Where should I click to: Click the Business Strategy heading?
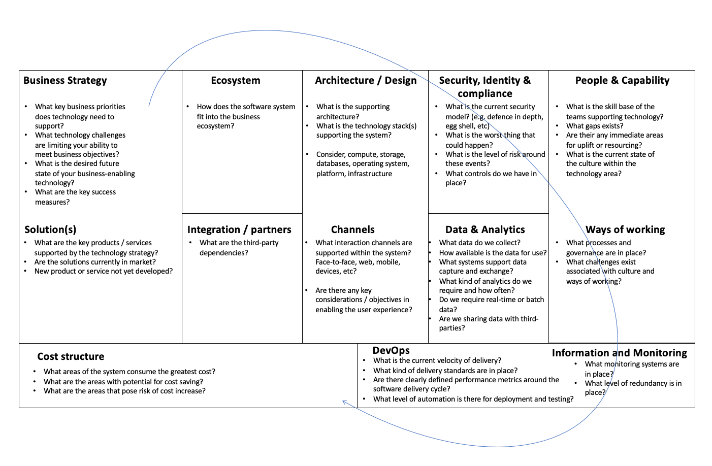[x=65, y=80]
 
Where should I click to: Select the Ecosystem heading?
[x=236, y=80]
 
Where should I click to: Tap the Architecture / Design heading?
[x=366, y=80]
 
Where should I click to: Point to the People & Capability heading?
[x=622, y=80]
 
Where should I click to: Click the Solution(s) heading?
[x=50, y=229]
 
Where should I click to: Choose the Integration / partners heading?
[x=239, y=229]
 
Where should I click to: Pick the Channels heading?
[x=353, y=229]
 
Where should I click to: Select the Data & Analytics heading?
[x=485, y=229]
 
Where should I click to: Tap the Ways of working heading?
[x=625, y=229]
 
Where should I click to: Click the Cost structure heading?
[x=71, y=356]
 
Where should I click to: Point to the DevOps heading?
[x=391, y=350]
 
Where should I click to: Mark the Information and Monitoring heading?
[x=620, y=353]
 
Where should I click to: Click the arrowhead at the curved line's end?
[x=344, y=402]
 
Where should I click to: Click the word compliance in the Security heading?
[x=485, y=93]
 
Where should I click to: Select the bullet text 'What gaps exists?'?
[x=595, y=126]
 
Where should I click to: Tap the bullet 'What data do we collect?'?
[x=480, y=243]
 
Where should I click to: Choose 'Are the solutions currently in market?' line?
[x=95, y=262]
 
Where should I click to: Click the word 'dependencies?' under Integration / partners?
[x=224, y=253]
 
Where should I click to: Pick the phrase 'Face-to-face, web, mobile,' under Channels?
[x=358, y=262]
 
